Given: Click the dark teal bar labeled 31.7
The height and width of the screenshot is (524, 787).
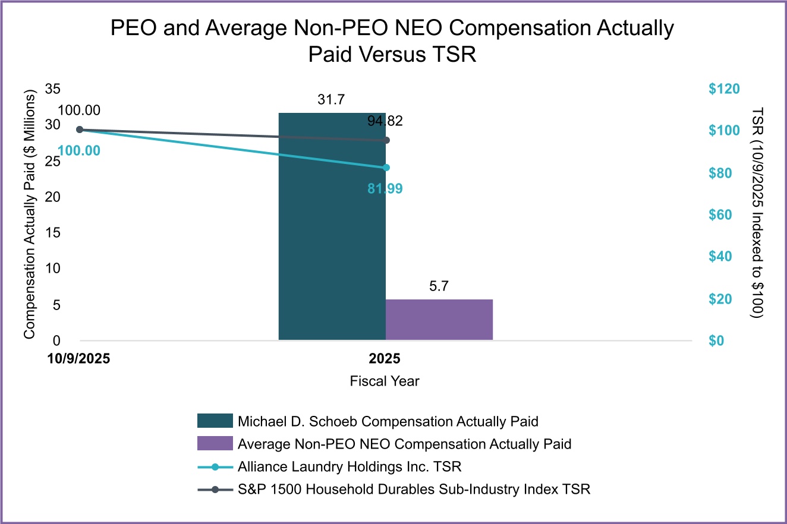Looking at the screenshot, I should [x=332, y=238].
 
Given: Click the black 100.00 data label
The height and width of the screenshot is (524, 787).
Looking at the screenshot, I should [x=79, y=110].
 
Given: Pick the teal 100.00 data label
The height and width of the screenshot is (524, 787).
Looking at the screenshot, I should [x=79, y=150].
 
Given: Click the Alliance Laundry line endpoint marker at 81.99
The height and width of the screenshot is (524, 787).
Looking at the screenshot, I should [x=386, y=168].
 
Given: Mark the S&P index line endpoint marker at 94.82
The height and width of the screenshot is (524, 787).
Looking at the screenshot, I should [x=386, y=140].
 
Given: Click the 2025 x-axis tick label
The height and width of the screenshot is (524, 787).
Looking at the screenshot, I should [x=385, y=359].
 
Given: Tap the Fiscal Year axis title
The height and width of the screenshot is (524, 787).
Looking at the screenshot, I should [x=385, y=381].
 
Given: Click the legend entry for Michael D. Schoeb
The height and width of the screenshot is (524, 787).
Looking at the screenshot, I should [x=388, y=422].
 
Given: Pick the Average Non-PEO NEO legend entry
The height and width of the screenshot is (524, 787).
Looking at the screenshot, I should [x=404, y=444].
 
